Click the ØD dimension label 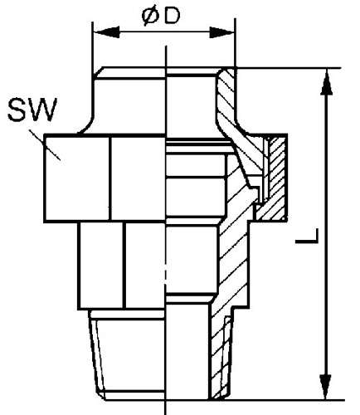pos(161,16)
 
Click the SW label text pos(32,110)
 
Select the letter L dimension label pos(306,237)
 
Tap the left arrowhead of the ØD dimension pos(107,32)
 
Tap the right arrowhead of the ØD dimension pos(221,32)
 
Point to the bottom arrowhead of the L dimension pos(326,387)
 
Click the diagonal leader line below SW pos(45,145)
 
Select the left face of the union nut pos(77,178)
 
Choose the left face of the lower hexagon pos(102,265)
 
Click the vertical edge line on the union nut pos(110,178)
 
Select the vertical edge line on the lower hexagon pos(124,265)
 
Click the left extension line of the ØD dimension pos(93,48)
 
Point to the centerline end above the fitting pos(166,46)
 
